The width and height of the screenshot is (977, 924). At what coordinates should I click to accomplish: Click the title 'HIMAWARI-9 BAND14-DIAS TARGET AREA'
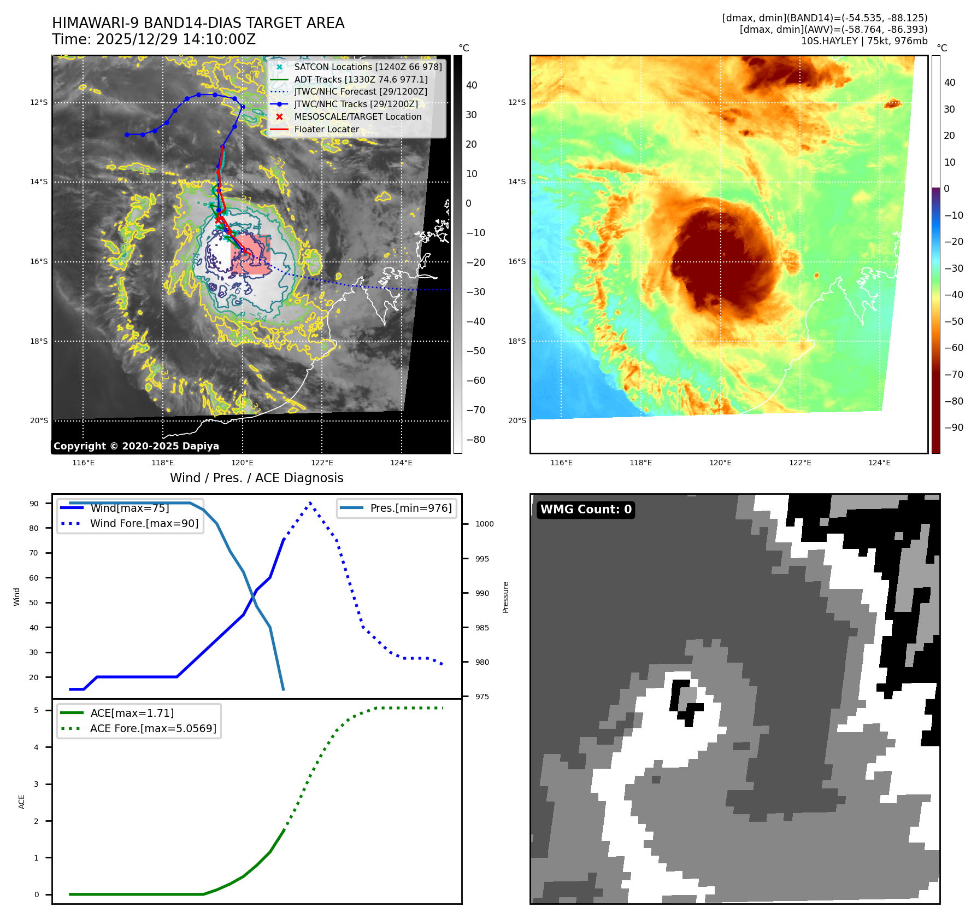point(198,23)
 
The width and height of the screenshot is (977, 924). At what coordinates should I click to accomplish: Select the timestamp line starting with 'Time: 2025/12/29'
point(154,39)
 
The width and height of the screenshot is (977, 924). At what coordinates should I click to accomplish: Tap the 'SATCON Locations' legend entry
point(368,67)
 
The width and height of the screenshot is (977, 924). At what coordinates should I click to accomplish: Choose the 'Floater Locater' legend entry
point(326,130)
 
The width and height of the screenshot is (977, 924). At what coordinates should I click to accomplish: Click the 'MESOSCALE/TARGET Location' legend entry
point(357,117)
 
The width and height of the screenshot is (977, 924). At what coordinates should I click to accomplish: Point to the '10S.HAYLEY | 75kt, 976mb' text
point(864,41)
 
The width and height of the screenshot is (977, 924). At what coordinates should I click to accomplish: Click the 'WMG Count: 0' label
point(586,510)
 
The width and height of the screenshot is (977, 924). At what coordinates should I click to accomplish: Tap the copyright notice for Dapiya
point(136,446)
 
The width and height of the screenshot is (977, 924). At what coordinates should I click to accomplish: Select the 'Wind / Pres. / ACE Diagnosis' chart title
point(257,478)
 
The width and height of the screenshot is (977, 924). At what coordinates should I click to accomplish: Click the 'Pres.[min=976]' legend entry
point(411,508)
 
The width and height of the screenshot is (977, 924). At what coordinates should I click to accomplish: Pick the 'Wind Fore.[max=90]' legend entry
point(144,523)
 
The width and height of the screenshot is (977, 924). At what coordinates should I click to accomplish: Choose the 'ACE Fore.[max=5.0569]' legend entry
point(153,728)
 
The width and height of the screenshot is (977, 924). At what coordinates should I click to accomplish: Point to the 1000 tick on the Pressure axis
point(484,524)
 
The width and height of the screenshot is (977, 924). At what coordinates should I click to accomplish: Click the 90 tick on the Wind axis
point(34,504)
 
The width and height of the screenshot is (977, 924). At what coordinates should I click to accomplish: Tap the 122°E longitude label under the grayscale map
point(322,463)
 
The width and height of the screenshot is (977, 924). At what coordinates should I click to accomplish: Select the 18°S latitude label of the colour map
point(517,341)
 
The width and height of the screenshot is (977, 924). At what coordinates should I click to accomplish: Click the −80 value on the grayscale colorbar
point(475,440)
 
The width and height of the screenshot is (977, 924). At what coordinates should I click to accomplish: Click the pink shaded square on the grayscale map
point(251,255)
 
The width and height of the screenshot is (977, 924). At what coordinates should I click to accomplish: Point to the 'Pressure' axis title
point(505,597)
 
